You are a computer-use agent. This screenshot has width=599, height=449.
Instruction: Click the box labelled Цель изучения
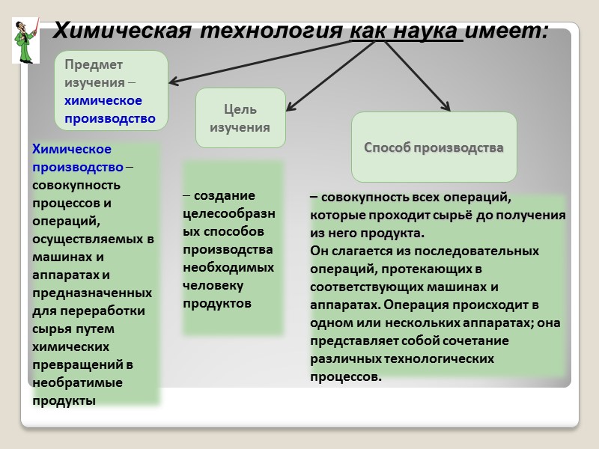pyautogui.click(x=240, y=118)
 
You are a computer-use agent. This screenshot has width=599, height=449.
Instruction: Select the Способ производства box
pyautogui.click(x=434, y=147)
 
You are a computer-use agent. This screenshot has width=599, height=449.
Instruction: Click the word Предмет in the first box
pyautogui.click(x=94, y=65)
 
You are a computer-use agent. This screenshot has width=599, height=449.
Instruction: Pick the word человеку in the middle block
pyautogui.click(x=213, y=285)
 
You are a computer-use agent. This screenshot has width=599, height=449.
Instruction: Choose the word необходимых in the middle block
pyautogui.click(x=228, y=267)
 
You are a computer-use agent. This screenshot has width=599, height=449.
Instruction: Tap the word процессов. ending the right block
pyautogui.click(x=346, y=376)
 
